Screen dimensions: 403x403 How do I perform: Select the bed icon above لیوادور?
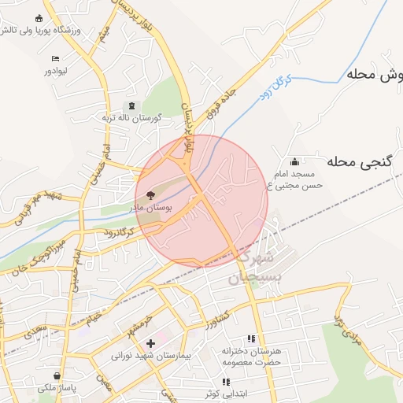click(x=54, y=59)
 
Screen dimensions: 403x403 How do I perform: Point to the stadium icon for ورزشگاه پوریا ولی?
click(x=39, y=19)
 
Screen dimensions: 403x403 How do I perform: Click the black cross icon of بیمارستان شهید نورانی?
click(x=151, y=343)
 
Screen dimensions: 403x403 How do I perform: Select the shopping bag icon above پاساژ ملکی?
click(x=57, y=376)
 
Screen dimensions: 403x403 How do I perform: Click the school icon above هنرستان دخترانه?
click(x=252, y=338)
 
